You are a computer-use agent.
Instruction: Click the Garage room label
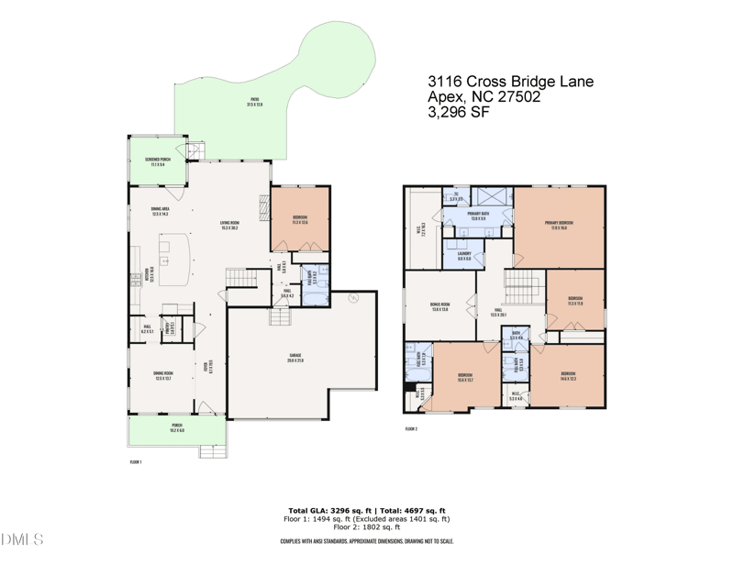pyautogui.click(x=295, y=356)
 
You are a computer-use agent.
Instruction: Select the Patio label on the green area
pyautogui.click(x=254, y=103)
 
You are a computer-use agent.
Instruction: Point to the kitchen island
pyautogui.click(x=173, y=254)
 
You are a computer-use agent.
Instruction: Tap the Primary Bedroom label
pyautogui.click(x=559, y=224)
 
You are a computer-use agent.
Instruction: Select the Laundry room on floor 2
pyautogui.click(x=464, y=256)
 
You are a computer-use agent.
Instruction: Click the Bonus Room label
pyautogui.click(x=439, y=306)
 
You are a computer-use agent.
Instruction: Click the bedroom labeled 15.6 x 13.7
pyautogui.click(x=465, y=376)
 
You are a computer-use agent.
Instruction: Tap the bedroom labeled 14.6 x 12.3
pyautogui.click(x=568, y=375)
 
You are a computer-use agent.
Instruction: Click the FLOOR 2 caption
pyautogui.click(x=411, y=428)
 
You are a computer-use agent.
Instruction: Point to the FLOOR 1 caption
pyautogui.click(x=135, y=463)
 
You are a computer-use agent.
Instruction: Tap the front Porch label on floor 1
pyautogui.click(x=176, y=427)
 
